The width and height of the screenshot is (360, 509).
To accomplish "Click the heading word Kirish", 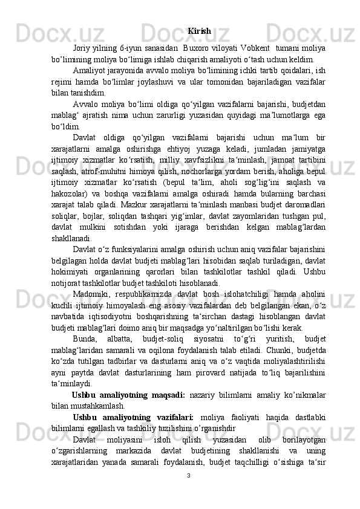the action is pos(200,31).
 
